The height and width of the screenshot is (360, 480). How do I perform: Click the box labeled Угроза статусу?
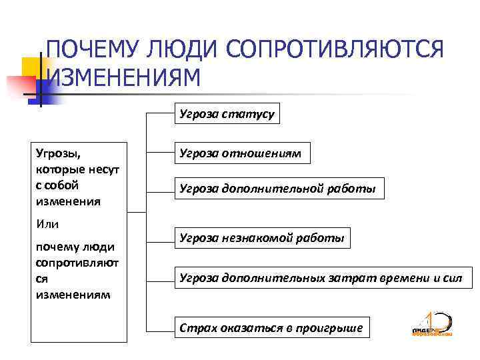[227, 115]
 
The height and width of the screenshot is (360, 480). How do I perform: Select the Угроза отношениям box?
[240, 153]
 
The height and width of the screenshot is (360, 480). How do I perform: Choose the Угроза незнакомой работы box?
[262, 237]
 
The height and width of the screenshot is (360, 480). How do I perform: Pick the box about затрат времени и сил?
[321, 277]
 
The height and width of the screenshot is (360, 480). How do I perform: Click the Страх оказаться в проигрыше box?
[271, 327]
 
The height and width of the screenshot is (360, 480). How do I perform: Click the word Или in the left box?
[47, 223]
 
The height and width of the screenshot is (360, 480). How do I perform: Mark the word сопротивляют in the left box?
[76, 263]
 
